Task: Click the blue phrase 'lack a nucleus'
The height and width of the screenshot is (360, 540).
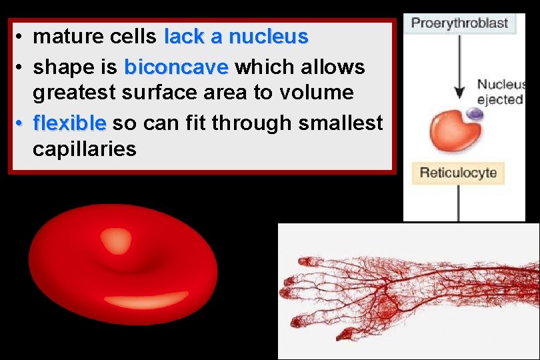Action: (236, 37)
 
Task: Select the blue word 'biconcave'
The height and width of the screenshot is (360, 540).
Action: (177, 67)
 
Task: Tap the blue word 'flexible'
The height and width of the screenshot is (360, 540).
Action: (69, 123)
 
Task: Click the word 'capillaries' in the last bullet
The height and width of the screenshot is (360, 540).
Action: (84, 149)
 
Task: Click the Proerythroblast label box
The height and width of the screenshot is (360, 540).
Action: (459, 23)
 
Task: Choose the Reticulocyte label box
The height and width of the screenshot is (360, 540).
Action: (458, 173)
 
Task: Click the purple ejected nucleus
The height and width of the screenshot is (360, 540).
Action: (474, 116)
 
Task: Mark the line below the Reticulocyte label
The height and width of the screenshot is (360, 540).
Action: (458, 203)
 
